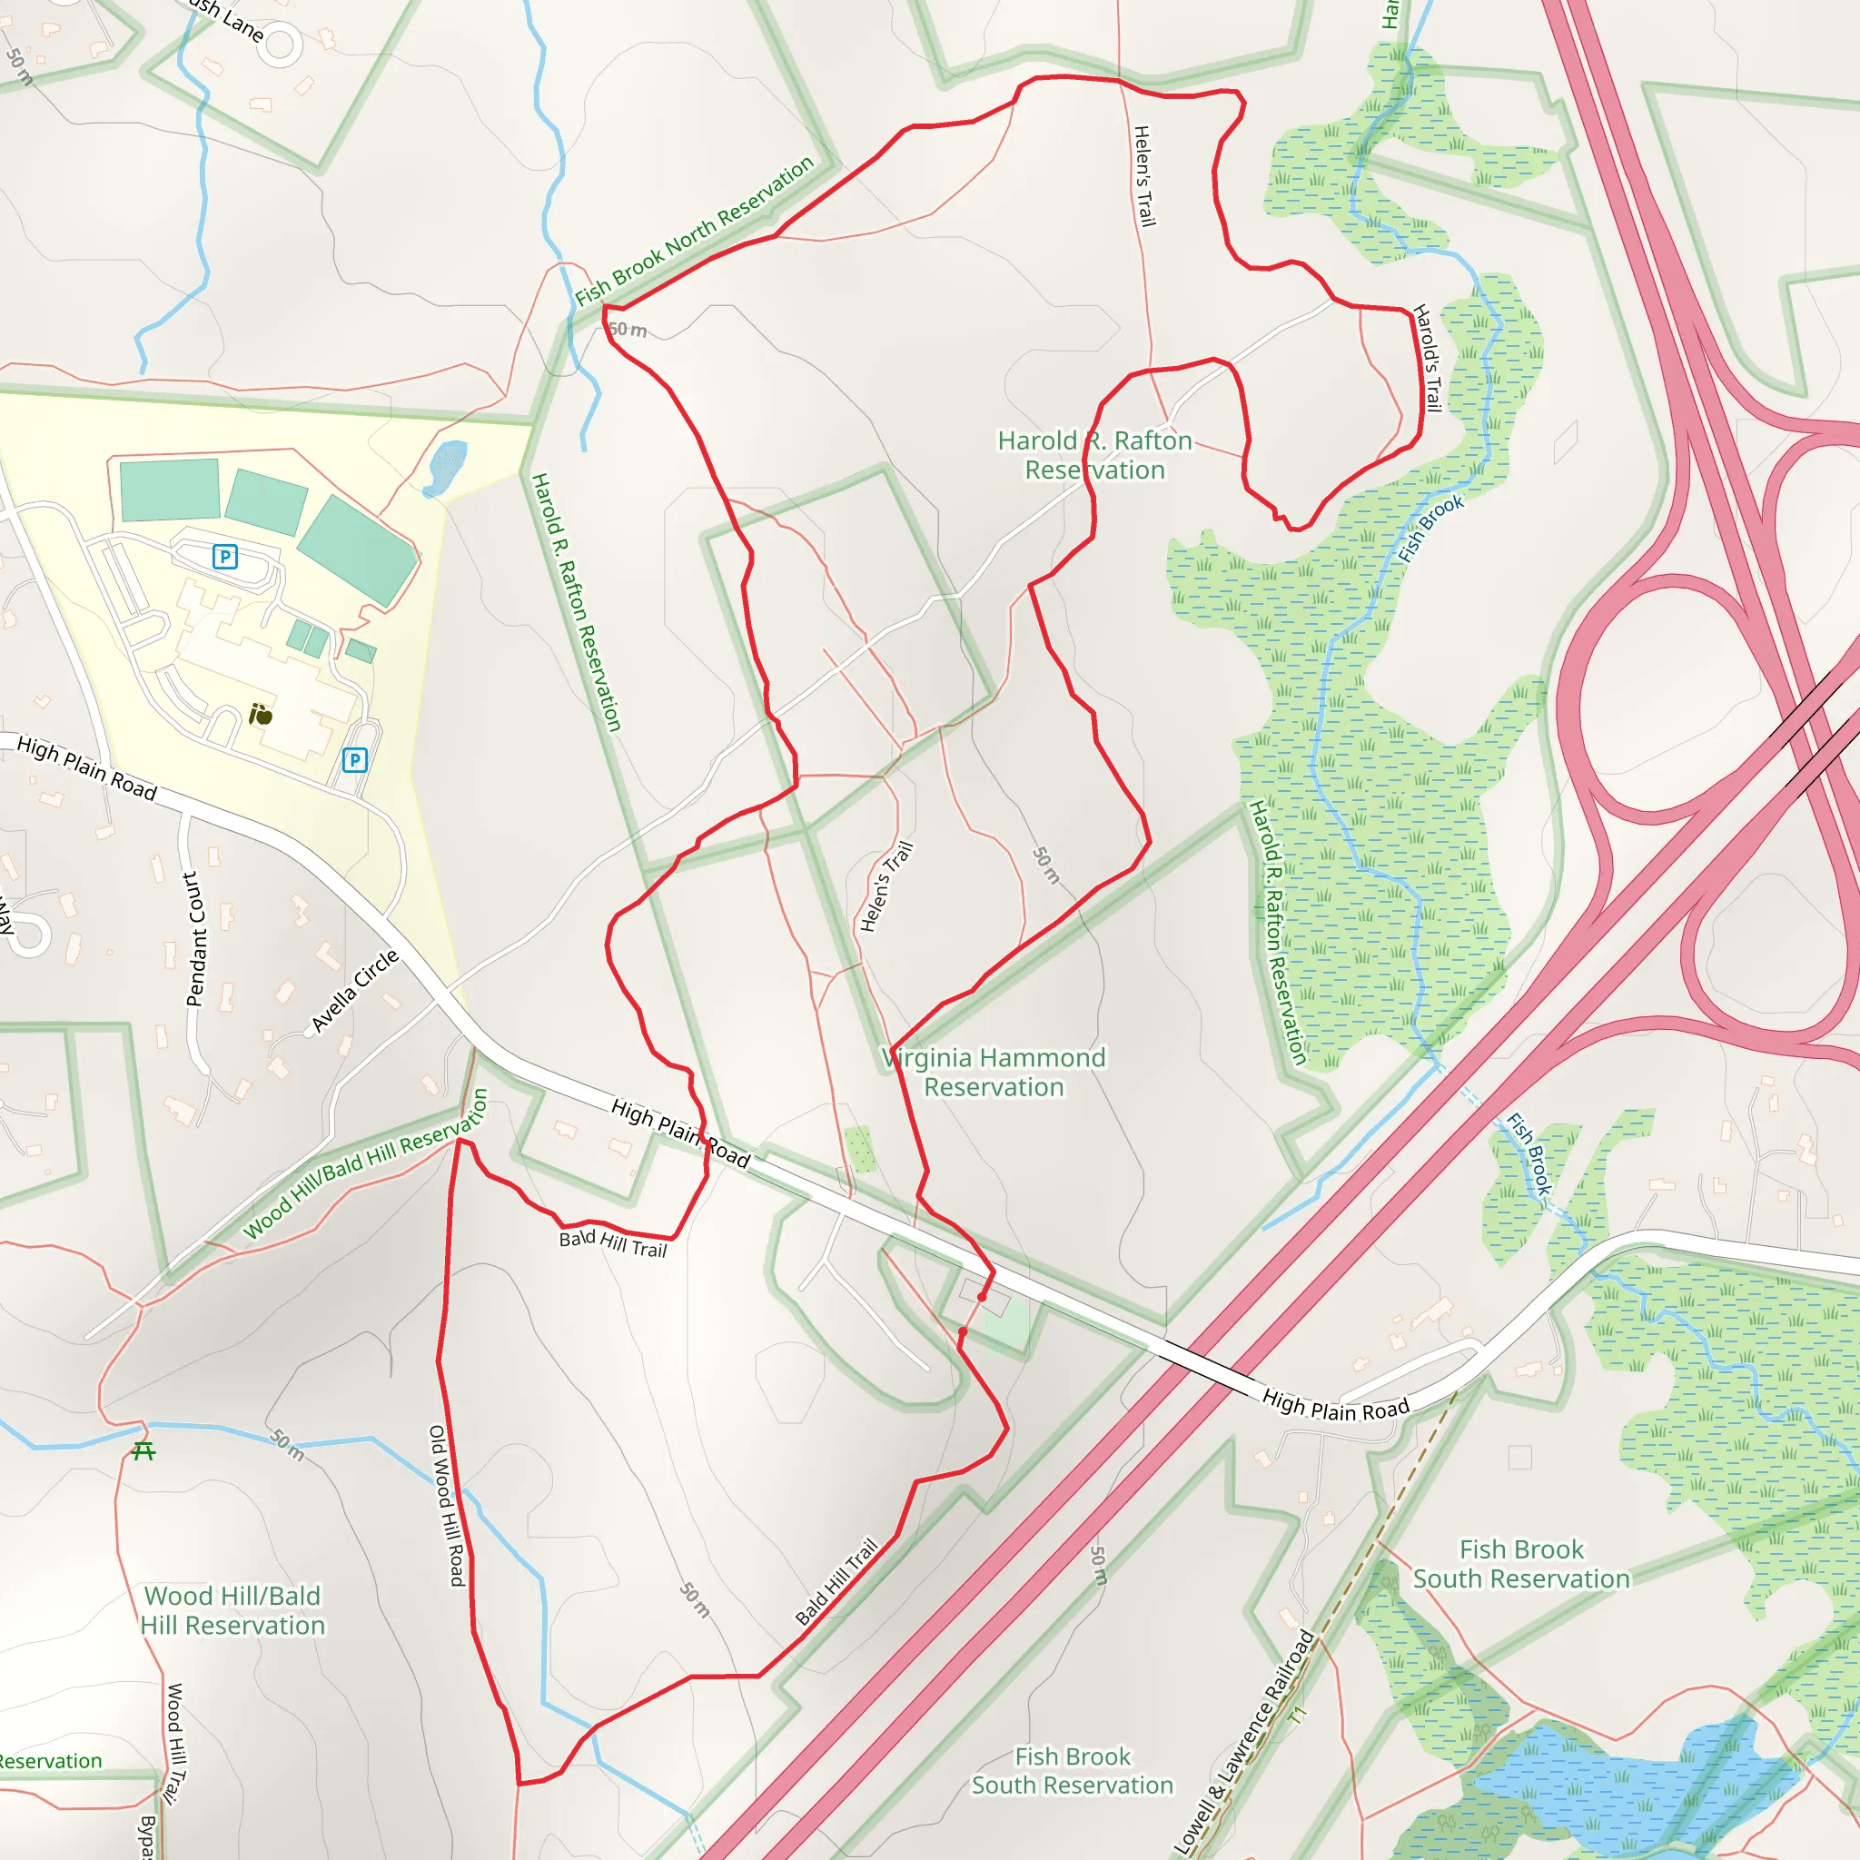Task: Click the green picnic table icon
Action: coord(143,1450)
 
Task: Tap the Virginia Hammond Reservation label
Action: coord(994,1073)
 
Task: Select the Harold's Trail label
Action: coord(1427,358)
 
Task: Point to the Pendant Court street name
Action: coord(194,940)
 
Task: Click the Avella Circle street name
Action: coord(354,991)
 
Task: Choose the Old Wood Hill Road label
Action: coord(447,1506)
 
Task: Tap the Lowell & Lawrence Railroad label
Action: coord(1245,1742)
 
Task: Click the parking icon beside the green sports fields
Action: coord(224,557)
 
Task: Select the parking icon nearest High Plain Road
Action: coord(354,760)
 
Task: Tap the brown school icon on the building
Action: coord(260,715)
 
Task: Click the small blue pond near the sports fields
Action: coord(446,468)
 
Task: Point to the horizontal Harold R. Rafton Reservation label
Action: coord(1094,455)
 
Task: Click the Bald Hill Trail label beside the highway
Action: coord(836,1581)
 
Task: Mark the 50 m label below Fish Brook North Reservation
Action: coord(628,331)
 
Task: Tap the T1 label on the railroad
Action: coord(1299,1715)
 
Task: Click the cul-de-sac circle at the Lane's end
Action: coord(279,45)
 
